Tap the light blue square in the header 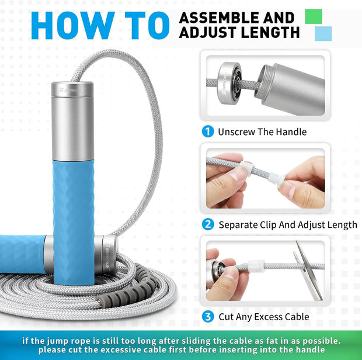click(x=322, y=34)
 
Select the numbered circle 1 click(x=207, y=131)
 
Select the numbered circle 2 click(x=207, y=224)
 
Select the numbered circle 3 click(x=207, y=317)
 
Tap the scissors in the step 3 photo click(x=308, y=270)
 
